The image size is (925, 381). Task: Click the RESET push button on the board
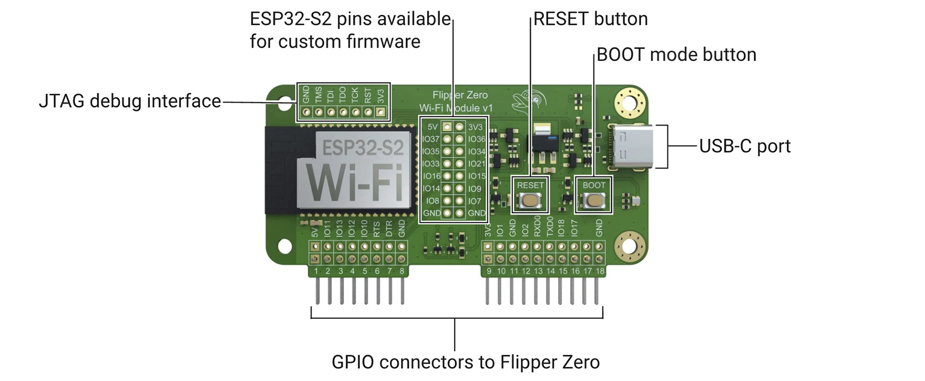tap(530, 200)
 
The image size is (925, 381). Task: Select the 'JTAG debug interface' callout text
tap(130, 101)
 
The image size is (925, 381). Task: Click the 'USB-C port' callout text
tap(744, 146)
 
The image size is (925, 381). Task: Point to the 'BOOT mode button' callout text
tap(676, 54)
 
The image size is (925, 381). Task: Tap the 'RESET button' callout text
tap(591, 19)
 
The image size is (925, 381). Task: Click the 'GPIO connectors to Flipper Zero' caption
tap(465, 362)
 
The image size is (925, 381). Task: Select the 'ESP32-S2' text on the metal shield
tap(363, 147)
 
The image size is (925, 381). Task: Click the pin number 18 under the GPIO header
tap(600, 271)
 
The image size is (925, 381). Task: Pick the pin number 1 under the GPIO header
tap(316, 271)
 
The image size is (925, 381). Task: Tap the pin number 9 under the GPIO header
tap(489, 271)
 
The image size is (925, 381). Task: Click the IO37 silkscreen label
tap(431, 139)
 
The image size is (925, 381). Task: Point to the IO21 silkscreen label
tap(477, 164)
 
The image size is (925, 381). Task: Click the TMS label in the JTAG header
tap(318, 94)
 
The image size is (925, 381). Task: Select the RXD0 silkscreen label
tap(537, 226)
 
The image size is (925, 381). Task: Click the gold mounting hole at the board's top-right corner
tap(629, 103)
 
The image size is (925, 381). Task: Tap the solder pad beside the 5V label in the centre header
tap(447, 127)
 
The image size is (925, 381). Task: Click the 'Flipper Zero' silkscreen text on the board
tap(460, 95)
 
